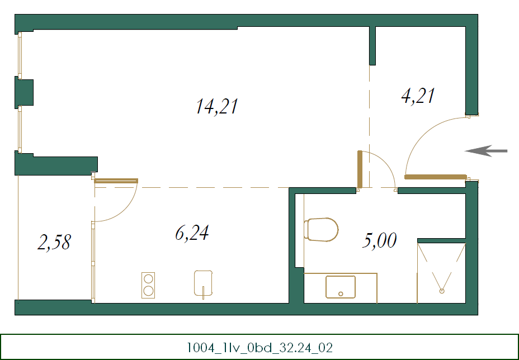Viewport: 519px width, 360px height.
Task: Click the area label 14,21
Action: point(217,106)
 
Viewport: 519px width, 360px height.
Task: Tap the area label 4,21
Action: point(418,96)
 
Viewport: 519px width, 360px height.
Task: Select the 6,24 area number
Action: point(192,233)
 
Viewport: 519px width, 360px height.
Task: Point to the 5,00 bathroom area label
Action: point(380,241)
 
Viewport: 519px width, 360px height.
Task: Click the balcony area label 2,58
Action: point(54,242)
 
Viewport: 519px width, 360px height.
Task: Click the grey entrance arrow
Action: point(486,150)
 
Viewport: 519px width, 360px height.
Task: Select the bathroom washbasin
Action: point(341,287)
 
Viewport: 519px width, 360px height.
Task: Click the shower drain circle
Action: point(442,291)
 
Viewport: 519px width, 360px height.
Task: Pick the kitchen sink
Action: point(204,282)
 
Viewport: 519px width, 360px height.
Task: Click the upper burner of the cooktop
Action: point(148,278)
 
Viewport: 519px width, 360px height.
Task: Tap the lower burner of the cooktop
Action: point(148,291)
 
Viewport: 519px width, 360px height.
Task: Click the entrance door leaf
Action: point(435,177)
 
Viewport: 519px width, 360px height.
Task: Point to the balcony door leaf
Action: point(116,181)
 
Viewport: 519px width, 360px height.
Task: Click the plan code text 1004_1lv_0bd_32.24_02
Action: point(259,348)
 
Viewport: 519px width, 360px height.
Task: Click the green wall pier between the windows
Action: point(24,93)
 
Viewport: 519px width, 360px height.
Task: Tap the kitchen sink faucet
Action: point(204,290)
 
